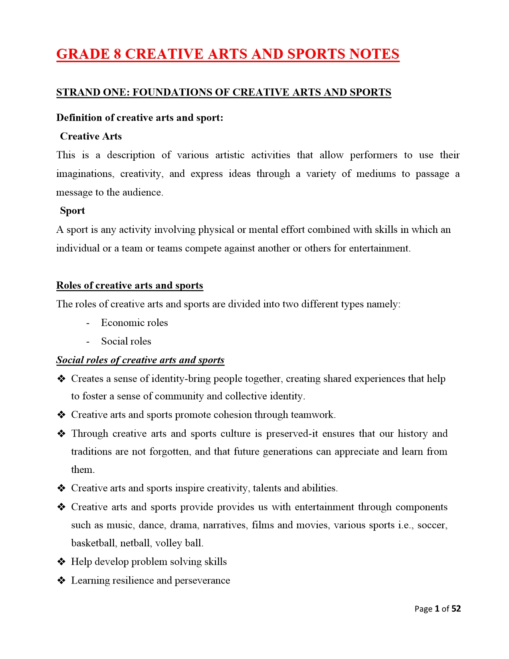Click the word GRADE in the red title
83,54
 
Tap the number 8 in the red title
117,54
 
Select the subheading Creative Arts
91,136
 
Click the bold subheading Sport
72,210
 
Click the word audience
145,193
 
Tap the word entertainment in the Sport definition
379,248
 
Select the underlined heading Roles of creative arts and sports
130,285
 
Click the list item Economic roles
134,323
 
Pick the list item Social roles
126,341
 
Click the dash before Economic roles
88,323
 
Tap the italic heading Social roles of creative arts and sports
140,360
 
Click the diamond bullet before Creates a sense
61,379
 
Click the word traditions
91,451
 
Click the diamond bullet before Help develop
61,562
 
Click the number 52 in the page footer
456,609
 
